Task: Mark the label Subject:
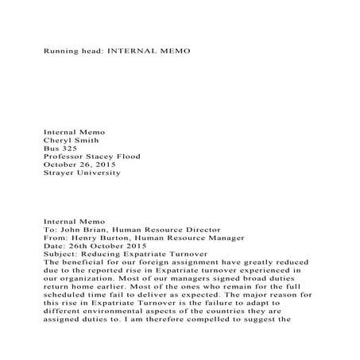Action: click(x=64, y=255)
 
